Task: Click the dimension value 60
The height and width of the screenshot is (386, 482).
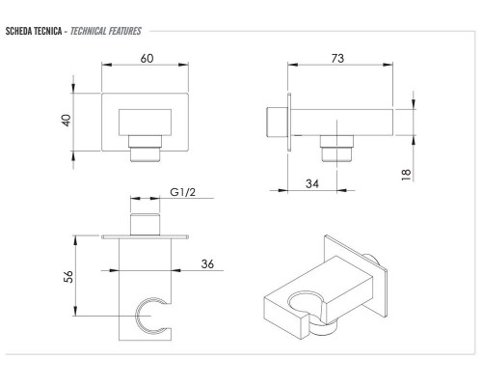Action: tap(147, 59)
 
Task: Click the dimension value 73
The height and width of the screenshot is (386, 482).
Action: tap(337, 59)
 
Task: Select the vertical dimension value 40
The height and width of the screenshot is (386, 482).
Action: tap(67, 121)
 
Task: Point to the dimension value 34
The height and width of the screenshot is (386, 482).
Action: tap(312, 184)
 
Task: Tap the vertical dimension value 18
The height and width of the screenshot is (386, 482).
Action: tap(406, 175)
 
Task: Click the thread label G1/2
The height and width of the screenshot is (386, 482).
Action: tap(182, 192)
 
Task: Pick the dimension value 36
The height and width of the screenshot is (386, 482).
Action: tap(207, 264)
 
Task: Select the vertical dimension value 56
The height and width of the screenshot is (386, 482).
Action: tap(68, 277)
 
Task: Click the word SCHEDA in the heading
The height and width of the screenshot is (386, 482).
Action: tap(18, 31)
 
